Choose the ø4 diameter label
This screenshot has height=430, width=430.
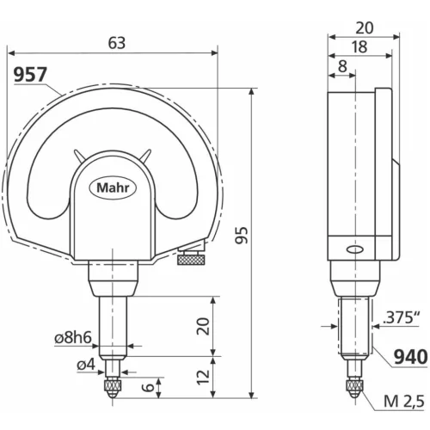click(85, 365)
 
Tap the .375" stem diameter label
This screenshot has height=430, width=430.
click(400, 317)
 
